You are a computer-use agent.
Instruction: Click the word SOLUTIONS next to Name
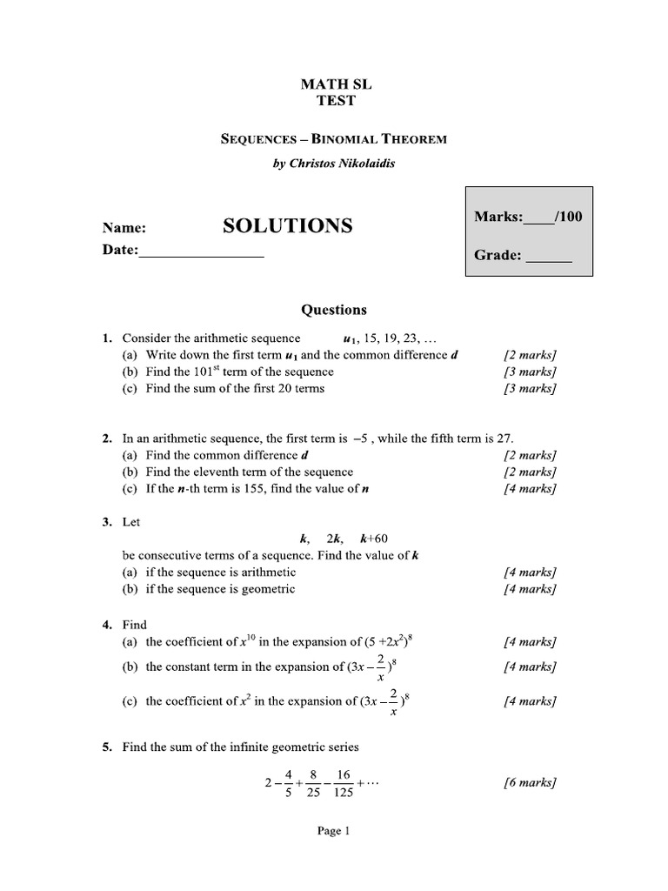(288, 226)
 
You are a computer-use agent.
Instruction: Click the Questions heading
(334, 310)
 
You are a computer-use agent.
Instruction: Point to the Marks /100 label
(528, 217)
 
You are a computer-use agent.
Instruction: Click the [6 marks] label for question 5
(530, 782)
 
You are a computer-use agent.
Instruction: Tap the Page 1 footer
(333, 831)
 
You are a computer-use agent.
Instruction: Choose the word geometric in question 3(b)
(265, 589)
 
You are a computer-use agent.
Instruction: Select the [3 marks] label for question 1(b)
(530, 372)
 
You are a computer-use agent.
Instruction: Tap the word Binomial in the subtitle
(330, 138)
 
